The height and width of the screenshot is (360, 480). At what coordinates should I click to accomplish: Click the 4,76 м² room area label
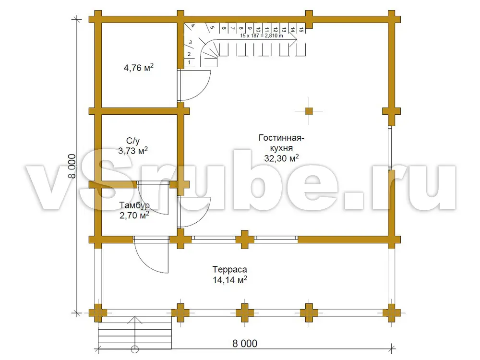point(138,67)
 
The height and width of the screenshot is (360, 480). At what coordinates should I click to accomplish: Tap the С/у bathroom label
point(133,141)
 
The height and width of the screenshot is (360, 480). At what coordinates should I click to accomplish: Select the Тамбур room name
point(134,205)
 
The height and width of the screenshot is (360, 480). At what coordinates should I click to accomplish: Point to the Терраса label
point(229,269)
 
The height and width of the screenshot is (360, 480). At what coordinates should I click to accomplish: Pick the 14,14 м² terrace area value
point(229,280)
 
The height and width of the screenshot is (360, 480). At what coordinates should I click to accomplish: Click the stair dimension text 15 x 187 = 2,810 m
point(262,36)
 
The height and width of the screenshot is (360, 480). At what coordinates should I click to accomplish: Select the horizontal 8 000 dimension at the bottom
point(245,344)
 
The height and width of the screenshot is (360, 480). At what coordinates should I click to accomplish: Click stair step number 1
point(189,62)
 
